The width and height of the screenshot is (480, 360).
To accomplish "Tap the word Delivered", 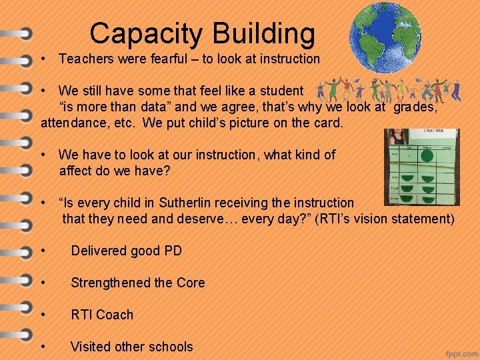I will (x=98, y=251).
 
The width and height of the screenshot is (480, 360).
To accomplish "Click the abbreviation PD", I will (x=172, y=251).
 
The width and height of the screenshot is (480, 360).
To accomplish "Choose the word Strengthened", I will (x=111, y=283).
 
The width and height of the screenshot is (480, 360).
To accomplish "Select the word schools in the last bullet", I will (x=171, y=347).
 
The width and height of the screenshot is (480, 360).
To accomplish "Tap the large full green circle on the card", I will (x=427, y=156).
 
